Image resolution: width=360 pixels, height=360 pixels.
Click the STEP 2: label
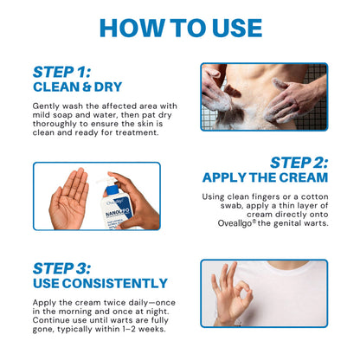pyautogui.click(x=299, y=162)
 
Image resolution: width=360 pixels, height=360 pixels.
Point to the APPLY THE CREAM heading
pyautogui.click(x=265, y=177)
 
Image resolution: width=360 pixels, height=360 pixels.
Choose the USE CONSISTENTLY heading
pyautogui.click(x=100, y=283)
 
